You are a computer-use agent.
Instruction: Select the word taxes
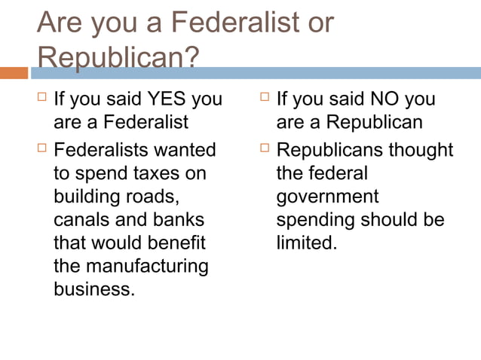[158, 173]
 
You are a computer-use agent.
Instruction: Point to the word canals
[81, 220]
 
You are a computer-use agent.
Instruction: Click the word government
[327, 197]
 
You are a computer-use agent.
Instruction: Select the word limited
[305, 243]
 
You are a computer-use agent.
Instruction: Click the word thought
[421, 150]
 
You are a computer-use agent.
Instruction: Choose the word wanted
[183, 150]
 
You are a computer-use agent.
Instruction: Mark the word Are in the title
[61, 23]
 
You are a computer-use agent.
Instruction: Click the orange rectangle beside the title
[14, 73]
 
